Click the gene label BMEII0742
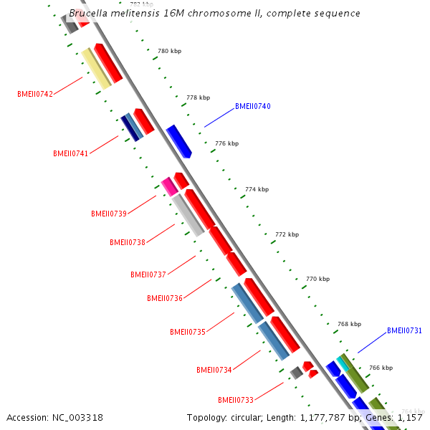35,94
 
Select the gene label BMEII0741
71,153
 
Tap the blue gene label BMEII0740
253,107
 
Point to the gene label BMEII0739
109,214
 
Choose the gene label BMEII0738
128,242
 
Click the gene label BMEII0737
148,274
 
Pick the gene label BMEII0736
165,298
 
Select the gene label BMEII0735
188,332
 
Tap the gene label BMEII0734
214,370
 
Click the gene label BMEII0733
236,400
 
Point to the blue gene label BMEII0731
404,331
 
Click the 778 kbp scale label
198,97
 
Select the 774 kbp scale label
257,189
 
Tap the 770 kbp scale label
317,279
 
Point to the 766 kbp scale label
381,368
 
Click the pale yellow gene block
96,69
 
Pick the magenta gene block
169,186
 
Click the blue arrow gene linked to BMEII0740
179,141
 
